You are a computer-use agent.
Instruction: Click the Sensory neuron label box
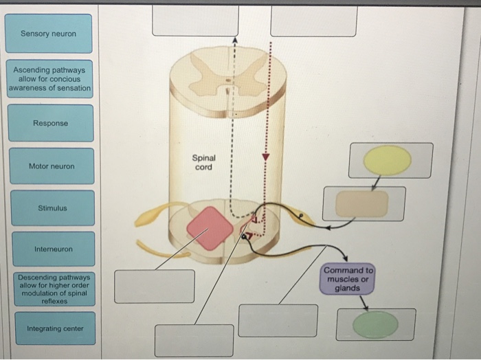click(x=48, y=34)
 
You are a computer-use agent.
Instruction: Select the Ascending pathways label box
click(x=48, y=79)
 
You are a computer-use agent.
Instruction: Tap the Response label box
click(x=50, y=123)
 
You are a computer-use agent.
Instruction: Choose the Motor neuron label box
click(x=52, y=166)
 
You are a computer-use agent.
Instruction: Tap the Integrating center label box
click(x=54, y=328)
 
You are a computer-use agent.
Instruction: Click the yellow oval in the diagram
click(x=387, y=160)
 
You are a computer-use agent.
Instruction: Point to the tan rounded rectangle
click(x=361, y=204)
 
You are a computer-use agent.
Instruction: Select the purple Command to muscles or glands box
click(x=348, y=279)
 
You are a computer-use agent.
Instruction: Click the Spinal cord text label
click(x=203, y=162)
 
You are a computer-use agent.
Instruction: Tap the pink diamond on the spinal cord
click(x=210, y=227)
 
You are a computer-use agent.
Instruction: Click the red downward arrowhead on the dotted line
click(x=267, y=158)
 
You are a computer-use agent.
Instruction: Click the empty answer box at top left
click(x=195, y=20)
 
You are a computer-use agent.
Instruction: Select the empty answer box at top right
click(x=313, y=21)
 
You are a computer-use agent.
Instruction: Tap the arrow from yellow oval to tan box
click(x=375, y=182)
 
